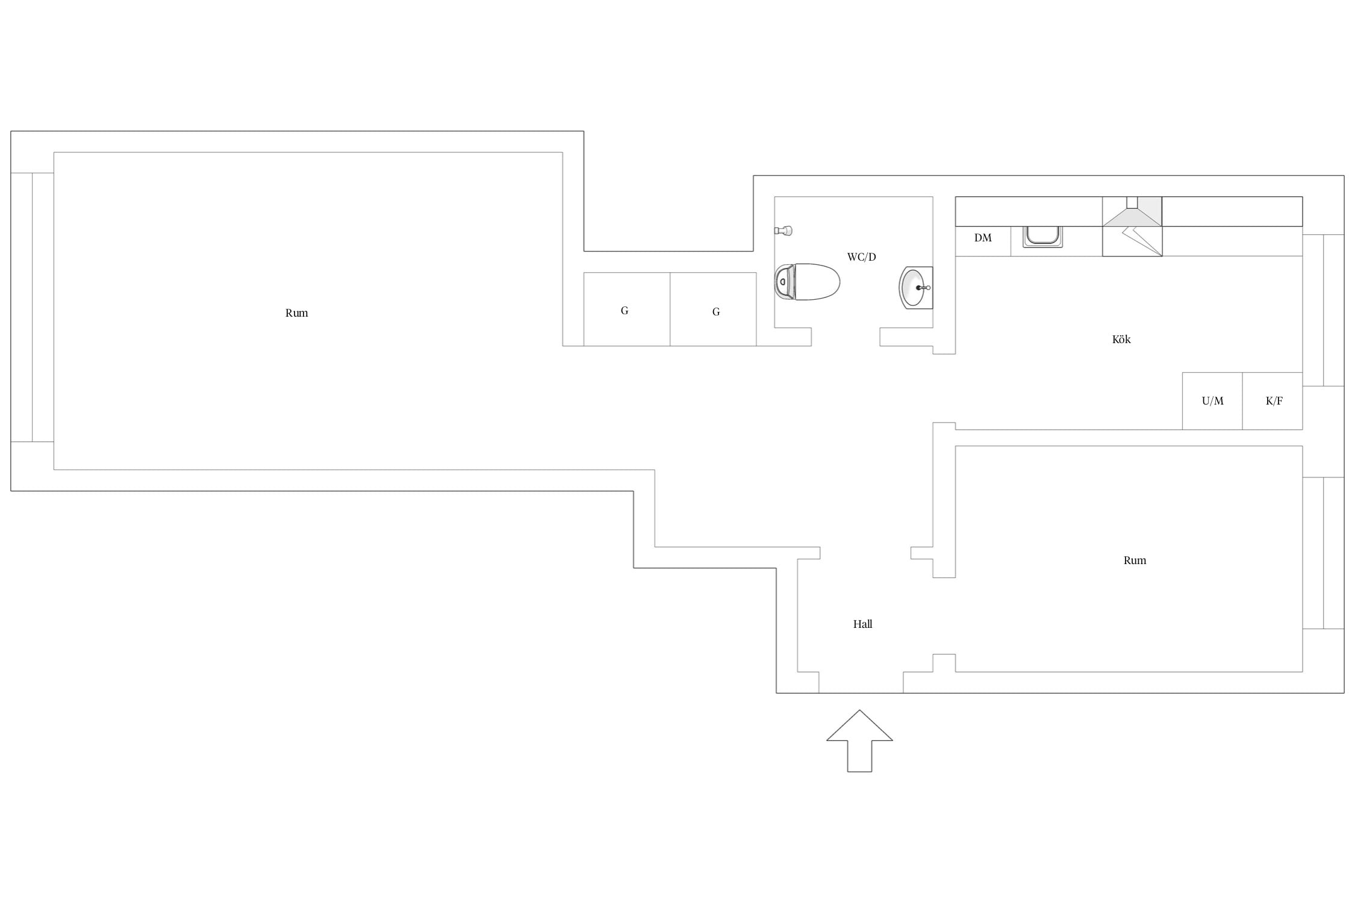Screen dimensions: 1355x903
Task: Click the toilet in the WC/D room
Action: [807, 282]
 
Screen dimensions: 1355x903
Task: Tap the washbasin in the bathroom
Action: [916, 288]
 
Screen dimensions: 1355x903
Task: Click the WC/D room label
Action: [862, 257]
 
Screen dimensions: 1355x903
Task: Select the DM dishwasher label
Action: [983, 238]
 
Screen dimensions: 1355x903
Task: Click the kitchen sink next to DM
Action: [1042, 237]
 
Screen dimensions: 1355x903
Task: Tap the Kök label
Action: [1121, 340]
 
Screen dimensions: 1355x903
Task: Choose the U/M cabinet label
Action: [1213, 401]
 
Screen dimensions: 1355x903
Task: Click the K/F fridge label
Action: [1274, 401]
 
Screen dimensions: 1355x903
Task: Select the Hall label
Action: [863, 624]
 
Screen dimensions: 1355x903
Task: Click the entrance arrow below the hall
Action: [859, 740]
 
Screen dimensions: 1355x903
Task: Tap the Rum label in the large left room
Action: [297, 313]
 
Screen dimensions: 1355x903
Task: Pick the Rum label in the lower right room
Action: [1135, 560]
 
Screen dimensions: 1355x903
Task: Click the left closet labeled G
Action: [627, 309]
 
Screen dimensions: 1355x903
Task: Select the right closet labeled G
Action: [714, 309]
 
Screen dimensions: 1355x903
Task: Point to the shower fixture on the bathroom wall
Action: [783, 231]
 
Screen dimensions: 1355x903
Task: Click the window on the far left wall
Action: [32, 307]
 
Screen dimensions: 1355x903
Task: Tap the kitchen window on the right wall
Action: [1323, 310]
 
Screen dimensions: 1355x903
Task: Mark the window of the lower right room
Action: [1323, 553]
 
